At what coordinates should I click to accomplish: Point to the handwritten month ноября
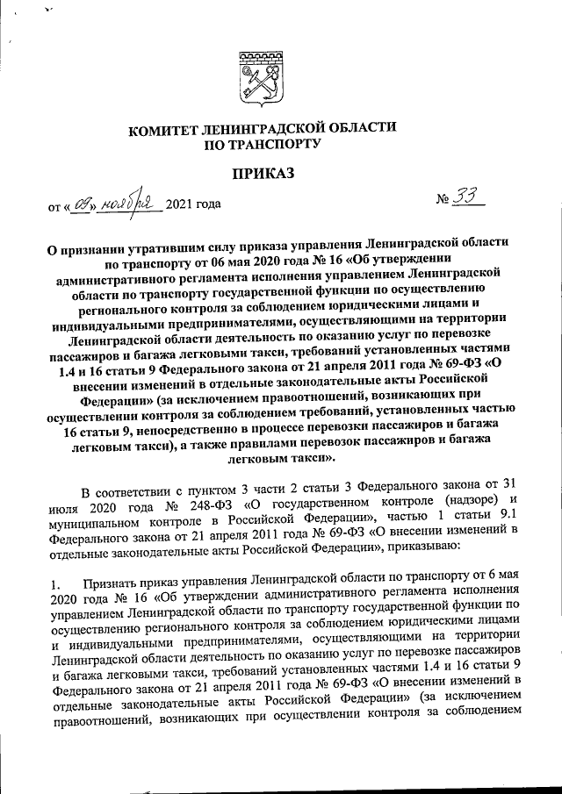(126, 203)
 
